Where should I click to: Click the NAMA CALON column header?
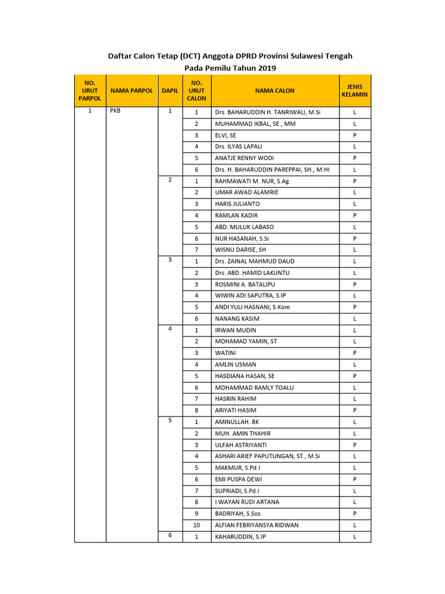275,90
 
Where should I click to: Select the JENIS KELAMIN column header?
355,90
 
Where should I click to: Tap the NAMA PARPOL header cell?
132,90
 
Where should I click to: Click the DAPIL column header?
170,90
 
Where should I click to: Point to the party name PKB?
115,112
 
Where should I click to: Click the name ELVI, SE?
225,135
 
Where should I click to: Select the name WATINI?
225,353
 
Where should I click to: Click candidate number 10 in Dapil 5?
196,525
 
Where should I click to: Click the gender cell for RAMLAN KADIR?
355,215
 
